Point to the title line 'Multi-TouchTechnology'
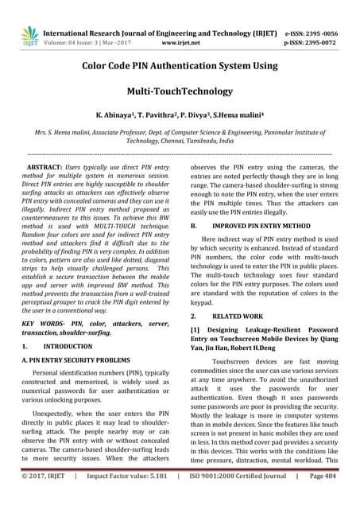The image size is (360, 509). tap(180, 92)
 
